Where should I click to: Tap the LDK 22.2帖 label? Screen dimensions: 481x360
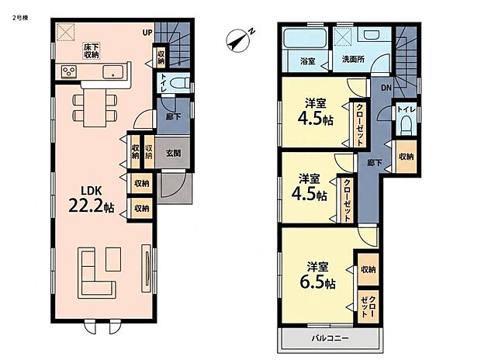[x=91, y=200]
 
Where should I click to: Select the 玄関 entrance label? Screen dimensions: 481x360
[x=173, y=153]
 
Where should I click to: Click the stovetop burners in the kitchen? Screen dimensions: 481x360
[x=69, y=71]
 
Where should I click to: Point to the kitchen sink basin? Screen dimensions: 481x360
[x=113, y=72]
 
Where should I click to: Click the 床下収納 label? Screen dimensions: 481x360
[x=92, y=51]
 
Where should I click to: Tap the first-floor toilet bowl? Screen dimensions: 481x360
[x=179, y=83]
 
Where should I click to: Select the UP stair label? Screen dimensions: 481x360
[x=147, y=33]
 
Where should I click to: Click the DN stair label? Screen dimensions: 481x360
[x=386, y=88]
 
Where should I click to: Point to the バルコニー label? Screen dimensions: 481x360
[x=330, y=338]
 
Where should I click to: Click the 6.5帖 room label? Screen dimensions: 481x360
[x=317, y=275]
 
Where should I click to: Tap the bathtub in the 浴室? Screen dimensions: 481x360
[x=305, y=38]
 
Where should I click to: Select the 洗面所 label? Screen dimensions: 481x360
[x=353, y=59]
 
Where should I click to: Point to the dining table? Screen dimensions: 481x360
[x=95, y=107]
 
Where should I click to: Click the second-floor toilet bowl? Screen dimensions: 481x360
[x=407, y=125]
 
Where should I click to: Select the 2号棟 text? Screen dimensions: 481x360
[x=20, y=18]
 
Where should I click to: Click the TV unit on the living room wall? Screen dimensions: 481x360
[x=146, y=268]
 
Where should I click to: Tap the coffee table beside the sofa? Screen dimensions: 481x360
[x=113, y=259]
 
